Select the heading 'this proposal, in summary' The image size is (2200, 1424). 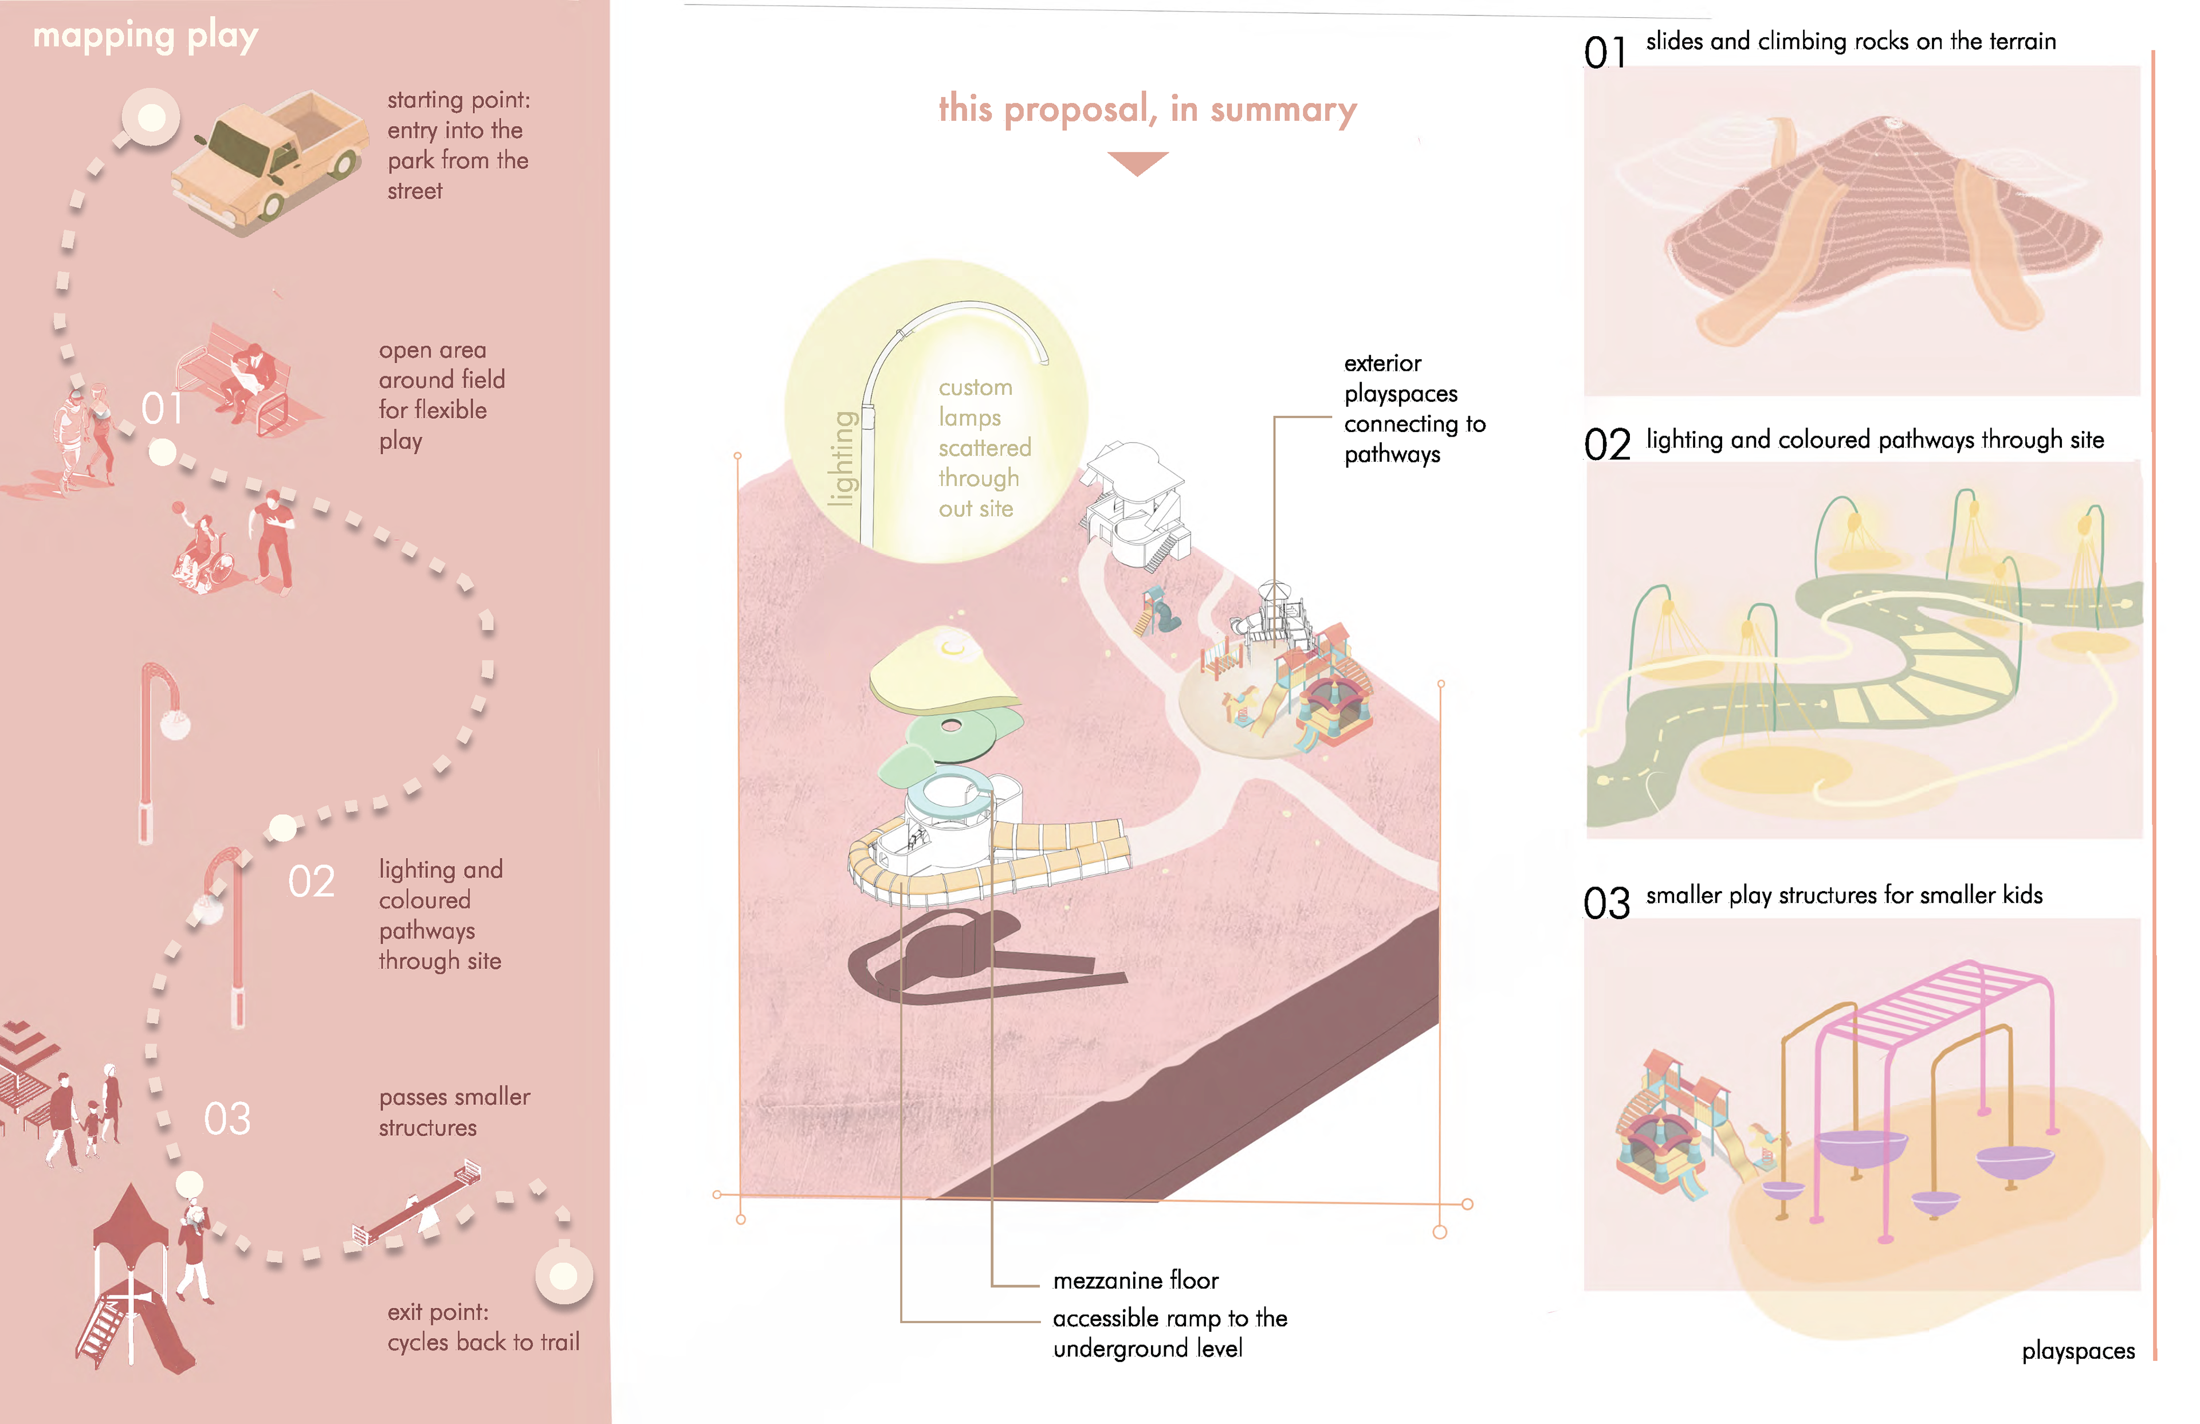click(x=1147, y=109)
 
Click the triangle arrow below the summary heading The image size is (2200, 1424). click(x=1138, y=162)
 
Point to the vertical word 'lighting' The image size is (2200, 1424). click(x=841, y=458)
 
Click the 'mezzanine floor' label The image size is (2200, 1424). click(x=1135, y=1281)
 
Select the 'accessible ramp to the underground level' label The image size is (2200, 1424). click(x=1169, y=1332)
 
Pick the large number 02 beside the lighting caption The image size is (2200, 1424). click(x=1606, y=445)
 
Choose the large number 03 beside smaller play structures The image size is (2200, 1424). click(x=1606, y=904)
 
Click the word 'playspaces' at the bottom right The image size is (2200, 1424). click(x=2077, y=1351)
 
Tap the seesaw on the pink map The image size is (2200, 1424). click(x=418, y=1204)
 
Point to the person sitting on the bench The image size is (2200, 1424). click(x=250, y=379)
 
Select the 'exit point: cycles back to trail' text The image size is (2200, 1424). click(x=482, y=1327)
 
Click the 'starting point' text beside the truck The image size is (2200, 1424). click(x=458, y=145)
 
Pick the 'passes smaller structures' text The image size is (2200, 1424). click(x=453, y=1112)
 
